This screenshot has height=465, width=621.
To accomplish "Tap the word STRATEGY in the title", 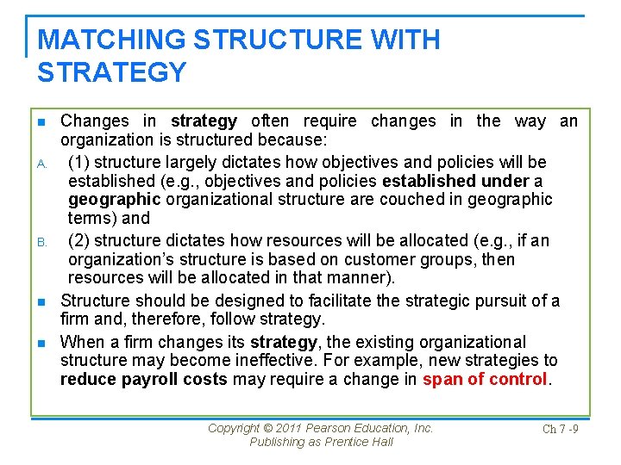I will (x=112, y=72).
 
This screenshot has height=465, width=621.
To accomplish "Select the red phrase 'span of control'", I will (x=485, y=379).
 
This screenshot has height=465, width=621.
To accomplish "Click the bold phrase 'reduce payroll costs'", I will (x=144, y=379).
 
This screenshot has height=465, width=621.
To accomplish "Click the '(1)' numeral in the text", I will (x=80, y=162).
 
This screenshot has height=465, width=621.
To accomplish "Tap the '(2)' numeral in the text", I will (x=80, y=241).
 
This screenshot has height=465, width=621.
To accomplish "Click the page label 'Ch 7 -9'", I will (x=560, y=429).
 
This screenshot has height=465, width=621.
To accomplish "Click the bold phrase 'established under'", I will (x=455, y=181).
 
